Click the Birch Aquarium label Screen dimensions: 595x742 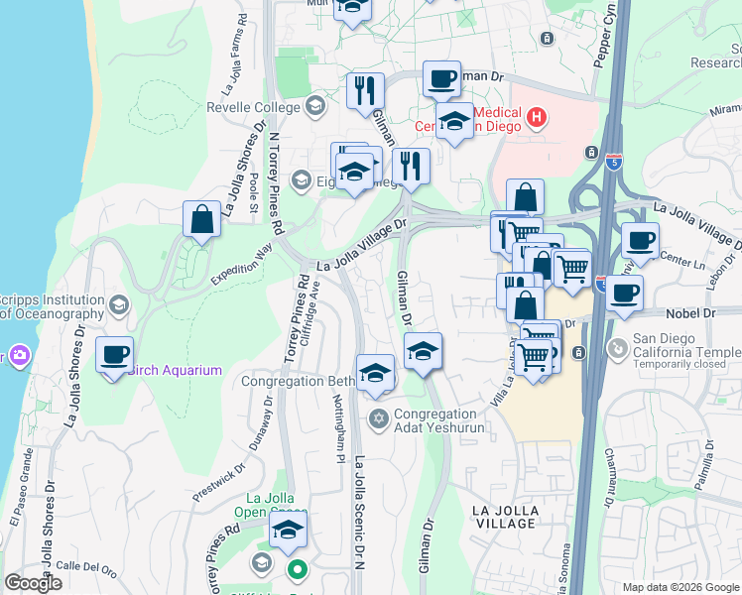pos(175,371)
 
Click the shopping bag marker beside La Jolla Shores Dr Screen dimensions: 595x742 pos(201,220)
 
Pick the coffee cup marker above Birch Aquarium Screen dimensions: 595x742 pos(115,355)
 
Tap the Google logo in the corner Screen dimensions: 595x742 pos(33,583)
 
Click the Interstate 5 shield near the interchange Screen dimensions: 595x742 pos(615,164)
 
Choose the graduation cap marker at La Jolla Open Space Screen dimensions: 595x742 pos(288,532)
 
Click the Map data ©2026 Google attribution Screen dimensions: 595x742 pos(680,587)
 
